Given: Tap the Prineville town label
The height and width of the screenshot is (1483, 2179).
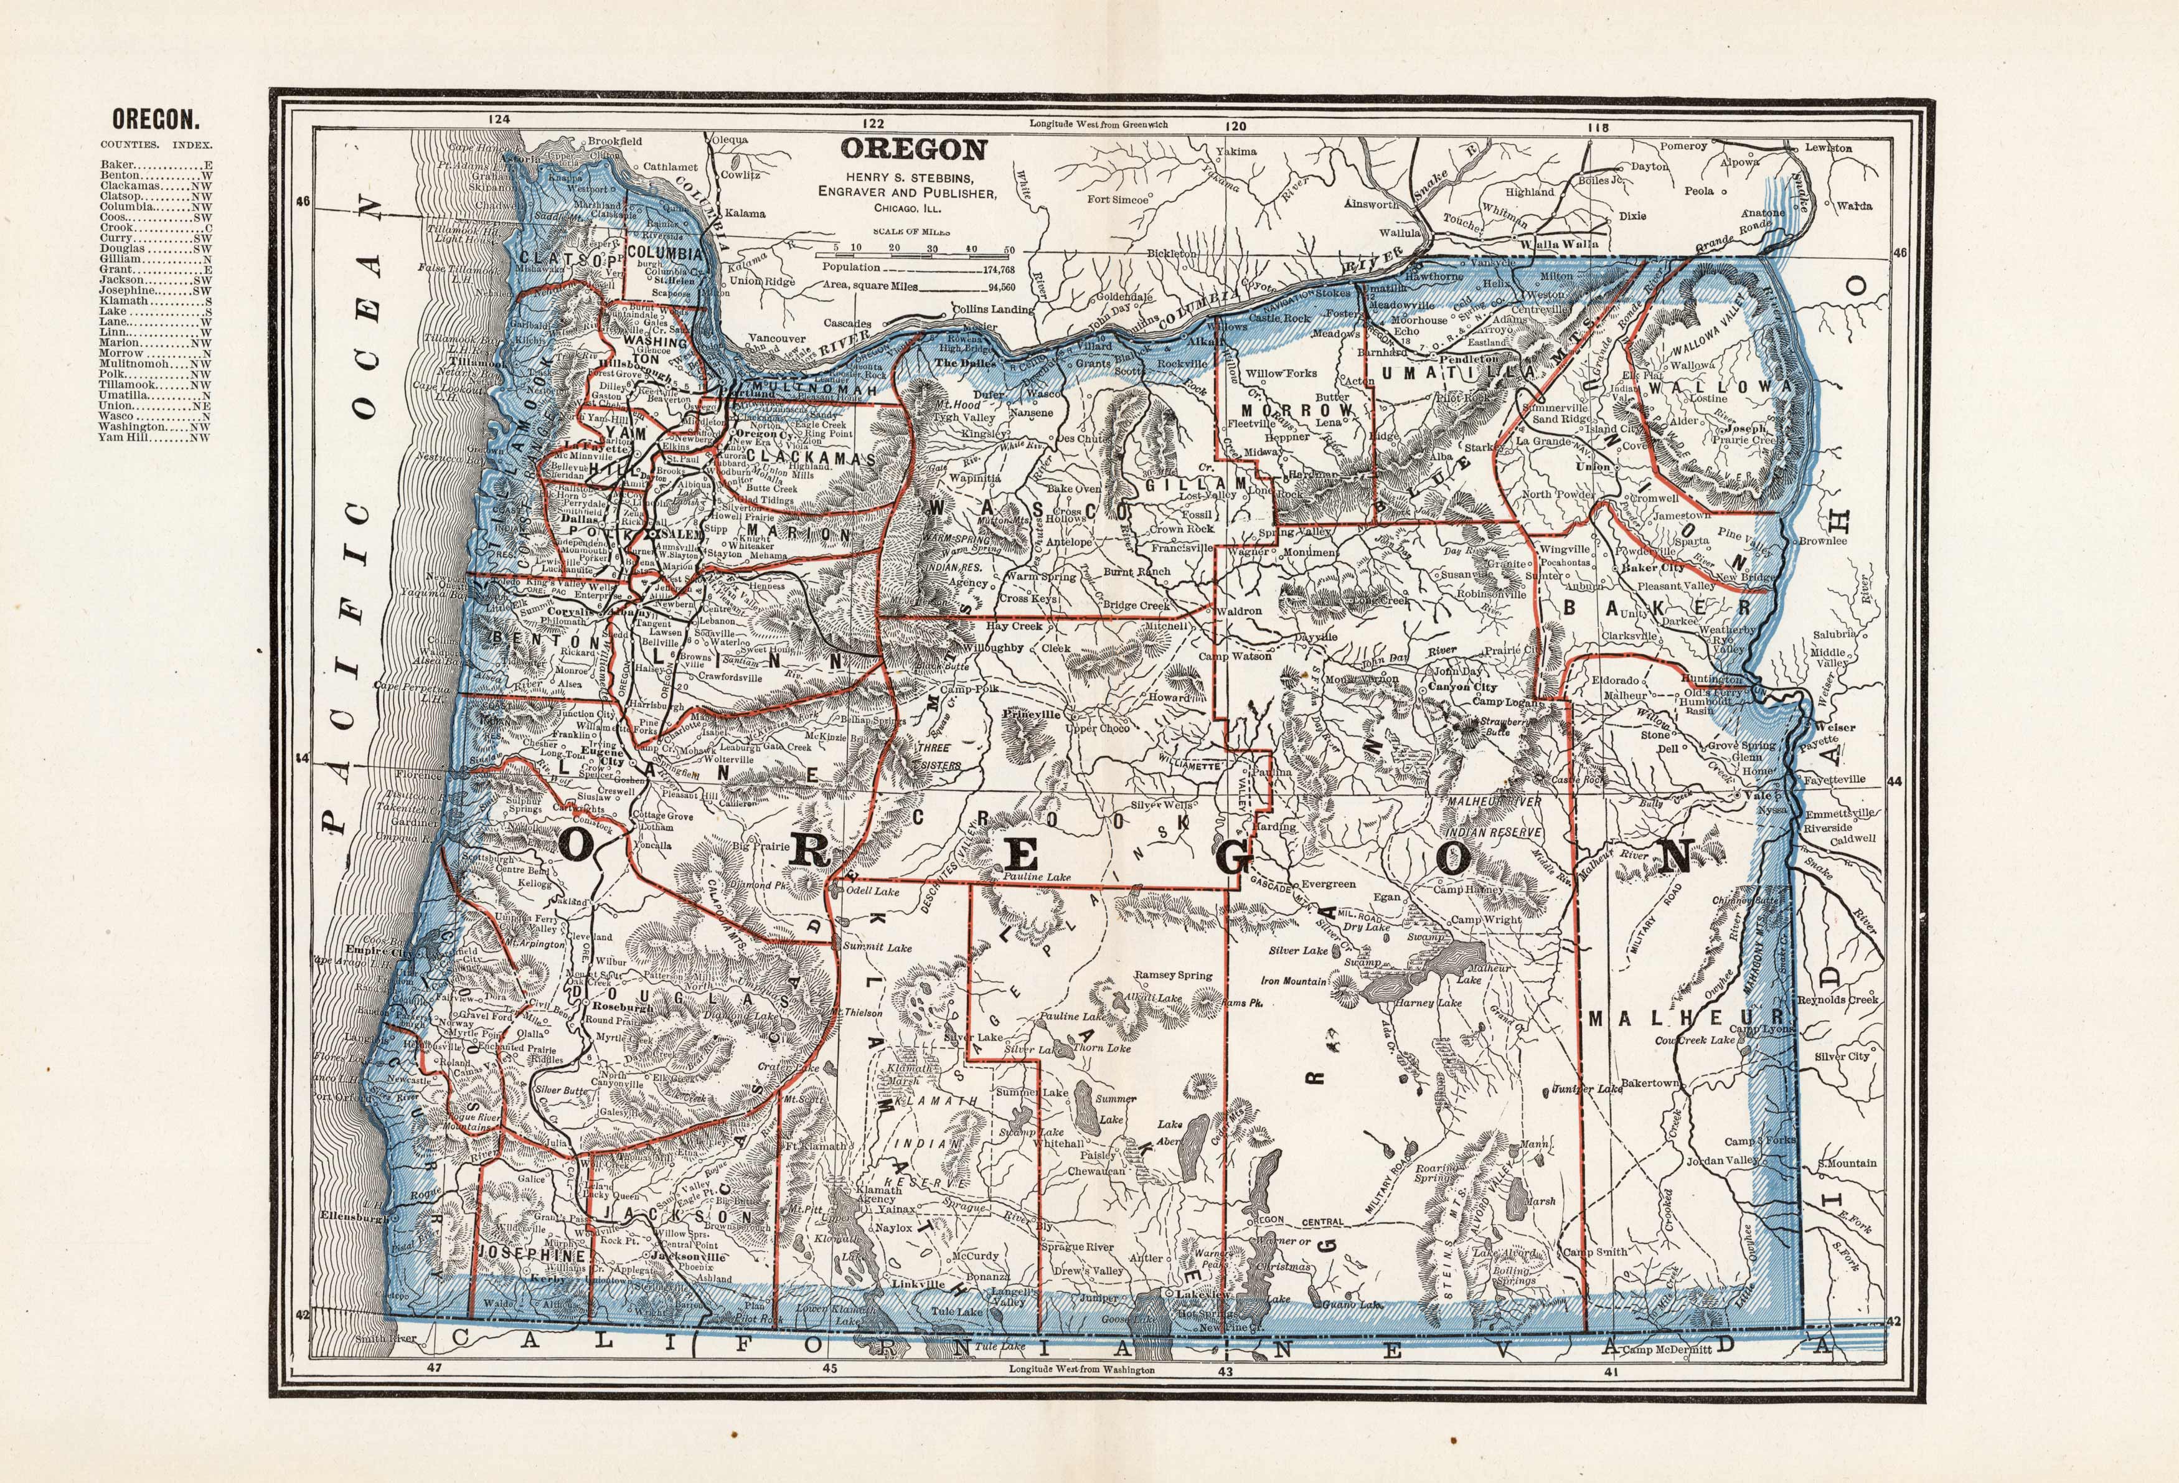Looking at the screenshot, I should click(1032, 713).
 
